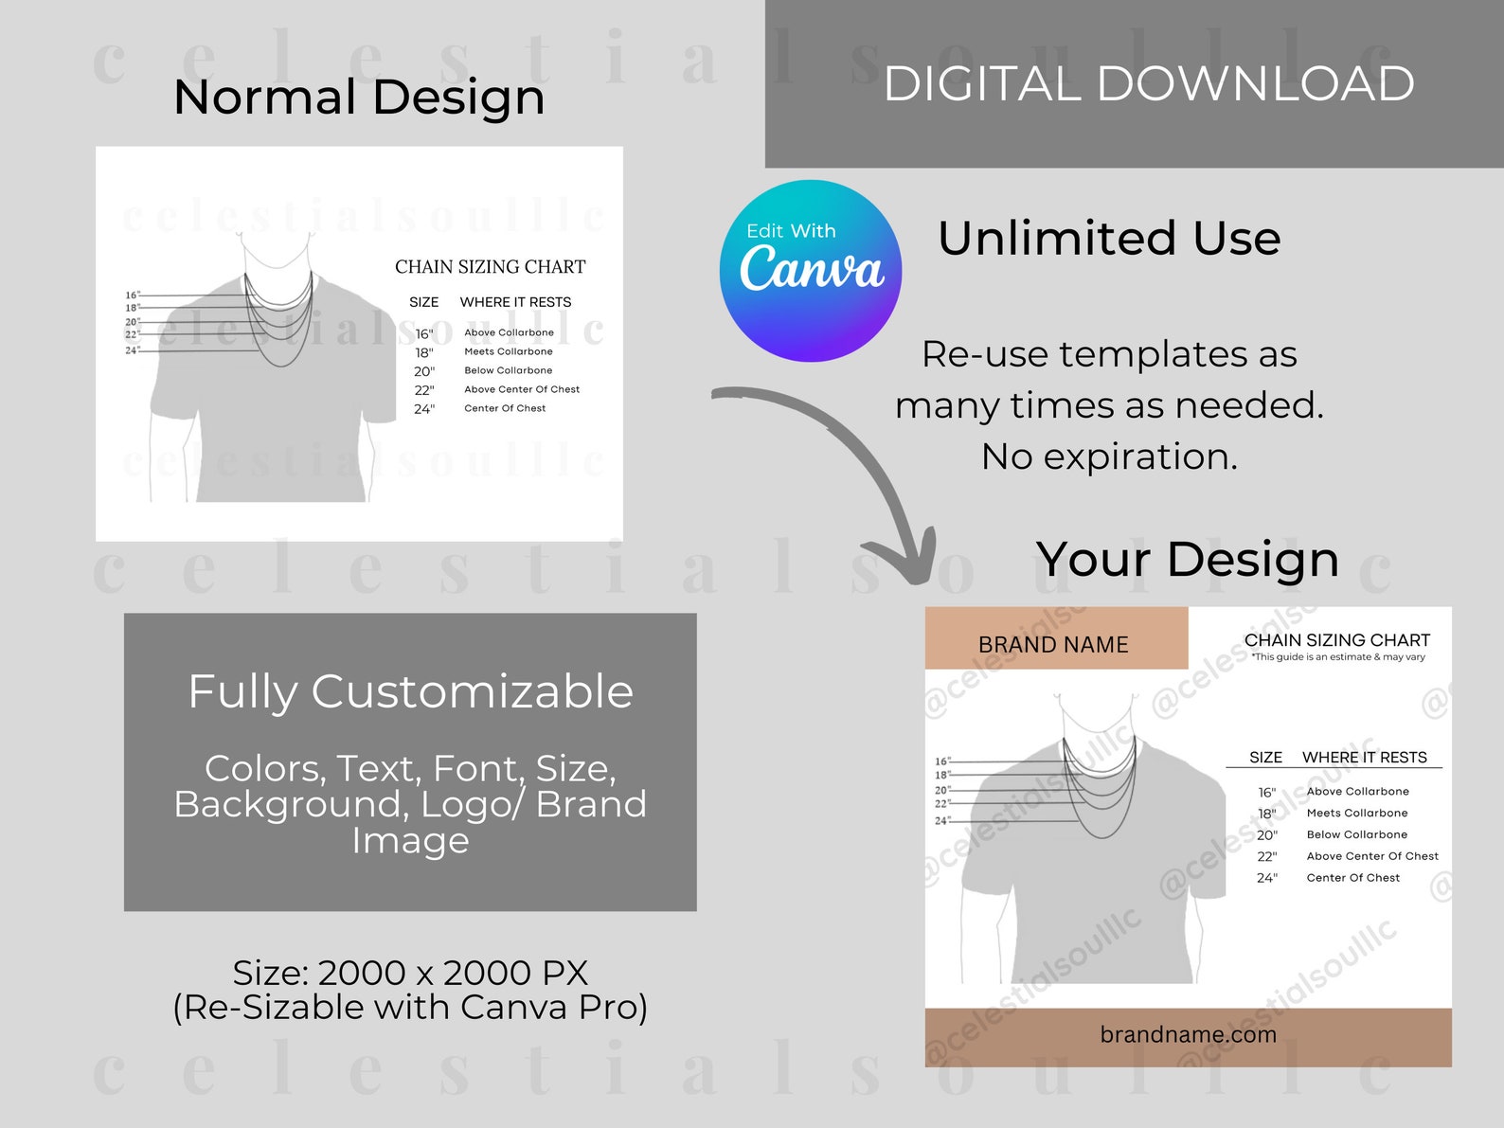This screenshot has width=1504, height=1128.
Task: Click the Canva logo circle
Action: click(x=811, y=271)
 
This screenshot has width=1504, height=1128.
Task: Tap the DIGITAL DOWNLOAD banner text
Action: click(x=1148, y=83)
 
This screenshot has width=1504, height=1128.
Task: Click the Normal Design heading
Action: click(x=359, y=97)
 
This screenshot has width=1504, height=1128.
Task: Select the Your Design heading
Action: click(x=1187, y=559)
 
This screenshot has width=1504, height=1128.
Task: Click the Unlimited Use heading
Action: click(x=1109, y=238)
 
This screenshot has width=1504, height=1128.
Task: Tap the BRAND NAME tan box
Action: click(x=1055, y=642)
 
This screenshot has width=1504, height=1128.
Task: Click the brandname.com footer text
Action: click(x=1188, y=1034)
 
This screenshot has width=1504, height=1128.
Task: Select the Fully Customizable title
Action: click(x=410, y=691)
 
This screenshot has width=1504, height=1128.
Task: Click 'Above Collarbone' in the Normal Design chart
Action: click(x=509, y=332)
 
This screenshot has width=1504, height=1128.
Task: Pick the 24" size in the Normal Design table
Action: click(x=423, y=409)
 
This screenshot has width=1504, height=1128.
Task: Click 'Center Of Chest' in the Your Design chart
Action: click(x=1352, y=878)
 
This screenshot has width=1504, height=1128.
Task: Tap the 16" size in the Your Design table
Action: click(x=1266, y=793)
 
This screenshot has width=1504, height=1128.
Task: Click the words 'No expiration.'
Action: click(x=1109, y=457)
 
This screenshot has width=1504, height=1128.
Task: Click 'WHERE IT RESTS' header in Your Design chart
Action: click(x=1364, y=758)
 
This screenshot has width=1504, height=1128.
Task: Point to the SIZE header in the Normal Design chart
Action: click(x=423, y=302)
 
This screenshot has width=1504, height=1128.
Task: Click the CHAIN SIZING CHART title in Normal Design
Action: click(x=490, y=267)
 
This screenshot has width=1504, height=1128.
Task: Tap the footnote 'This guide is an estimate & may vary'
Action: click(x=1337, y=657)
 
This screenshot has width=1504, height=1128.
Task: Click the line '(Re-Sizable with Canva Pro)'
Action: click(x=410, y=1007)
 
